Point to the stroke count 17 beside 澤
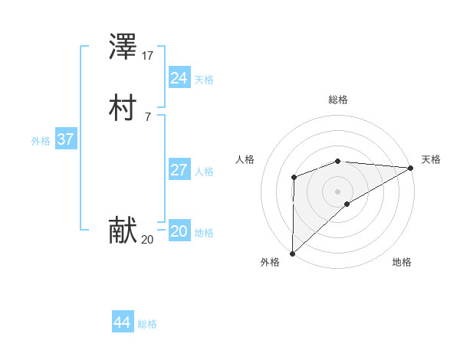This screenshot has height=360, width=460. (x=149, y=56)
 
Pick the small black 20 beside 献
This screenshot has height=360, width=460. (x=148, y=240)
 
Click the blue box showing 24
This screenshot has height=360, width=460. (x=179, y=77)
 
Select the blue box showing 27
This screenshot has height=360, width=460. (x=179, y=169)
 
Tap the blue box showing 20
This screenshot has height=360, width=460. (x=179, y=231)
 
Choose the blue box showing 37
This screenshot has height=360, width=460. (x=65, y=139)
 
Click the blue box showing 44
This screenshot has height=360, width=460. (x=122, y=322)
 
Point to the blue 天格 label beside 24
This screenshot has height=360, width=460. (x=204, y=80)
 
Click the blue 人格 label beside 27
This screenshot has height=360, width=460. (x=204, y=172)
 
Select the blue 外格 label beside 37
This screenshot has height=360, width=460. (x=41, y=141)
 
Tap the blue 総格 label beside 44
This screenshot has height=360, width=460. (x=147, y=324)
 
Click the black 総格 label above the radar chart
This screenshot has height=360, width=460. (x=337, y=100)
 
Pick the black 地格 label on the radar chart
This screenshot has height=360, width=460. (x=402, y=263)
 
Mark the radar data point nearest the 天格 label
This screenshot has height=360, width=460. (x=411, y=168)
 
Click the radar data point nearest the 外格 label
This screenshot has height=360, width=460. (x=292, y=253)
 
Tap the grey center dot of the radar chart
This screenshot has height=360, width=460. (x=337, y=191)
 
